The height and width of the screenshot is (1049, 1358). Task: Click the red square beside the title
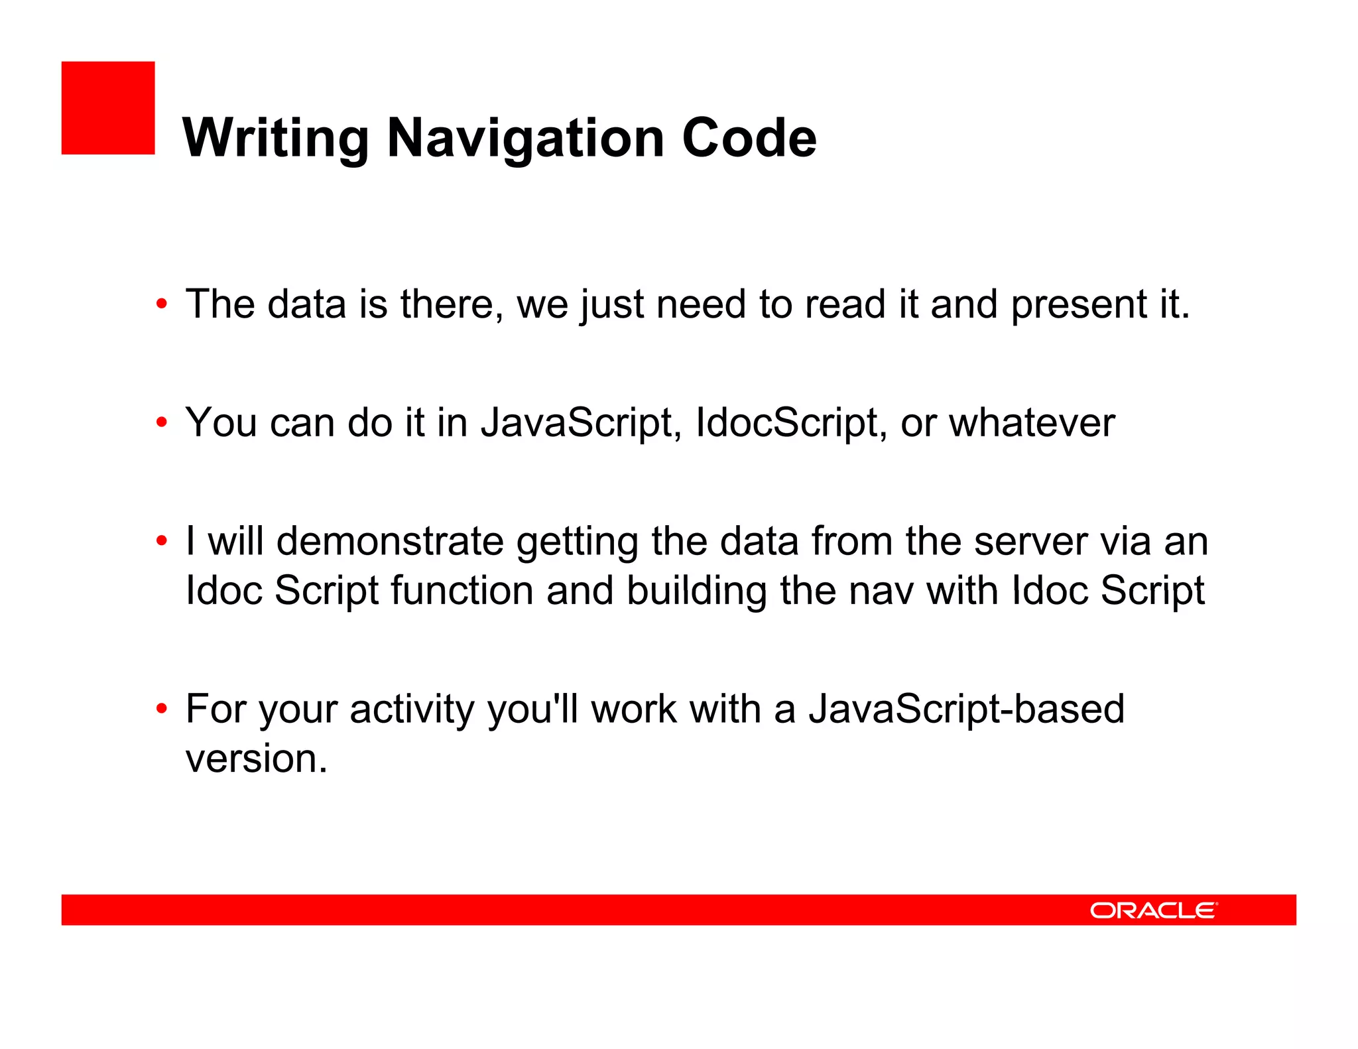[108, 108]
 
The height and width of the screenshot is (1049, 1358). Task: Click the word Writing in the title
[275, 139]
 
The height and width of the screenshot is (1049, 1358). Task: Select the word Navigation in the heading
[525, 139]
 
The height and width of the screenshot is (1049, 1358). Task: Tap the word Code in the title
[749, 139]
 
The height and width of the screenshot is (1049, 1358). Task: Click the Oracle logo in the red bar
[1153, 910]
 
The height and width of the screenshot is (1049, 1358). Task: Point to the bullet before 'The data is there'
[162, 305]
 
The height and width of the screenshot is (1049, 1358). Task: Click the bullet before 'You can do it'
[162, 423]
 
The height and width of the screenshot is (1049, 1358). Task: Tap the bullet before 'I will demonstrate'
[162, 542]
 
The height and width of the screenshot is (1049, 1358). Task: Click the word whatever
[1032, 423]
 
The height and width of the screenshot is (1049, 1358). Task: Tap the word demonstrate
[390, 542]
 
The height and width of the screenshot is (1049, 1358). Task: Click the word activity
[412, 710]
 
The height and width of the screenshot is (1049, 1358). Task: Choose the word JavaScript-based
[966, 710]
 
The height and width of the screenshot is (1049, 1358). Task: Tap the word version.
[256, 759]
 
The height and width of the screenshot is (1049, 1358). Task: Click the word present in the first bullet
[1078, 305]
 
